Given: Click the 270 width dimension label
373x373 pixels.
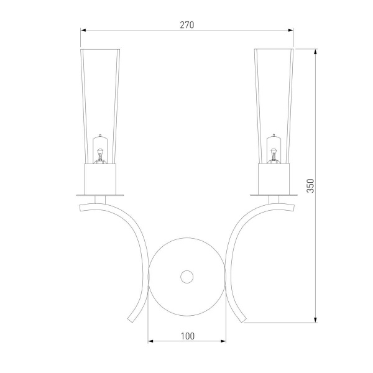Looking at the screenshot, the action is coord(187,25).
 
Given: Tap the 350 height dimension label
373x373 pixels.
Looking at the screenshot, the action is coord(310,186).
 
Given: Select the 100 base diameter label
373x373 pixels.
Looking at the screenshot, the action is coord(188,336).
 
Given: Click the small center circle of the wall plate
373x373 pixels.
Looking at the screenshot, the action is coord(186,277).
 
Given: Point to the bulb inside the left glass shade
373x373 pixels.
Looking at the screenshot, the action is coord(100,149).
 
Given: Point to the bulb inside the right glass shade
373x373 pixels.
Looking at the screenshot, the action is coord(274,149).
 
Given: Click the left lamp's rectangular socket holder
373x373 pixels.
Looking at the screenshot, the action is coord(100,179).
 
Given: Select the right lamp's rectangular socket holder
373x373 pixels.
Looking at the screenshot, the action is coord(274,179).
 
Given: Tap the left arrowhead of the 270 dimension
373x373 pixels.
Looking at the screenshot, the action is coord(83,30).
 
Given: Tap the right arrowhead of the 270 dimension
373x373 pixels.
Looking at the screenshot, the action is coord(290,30).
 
